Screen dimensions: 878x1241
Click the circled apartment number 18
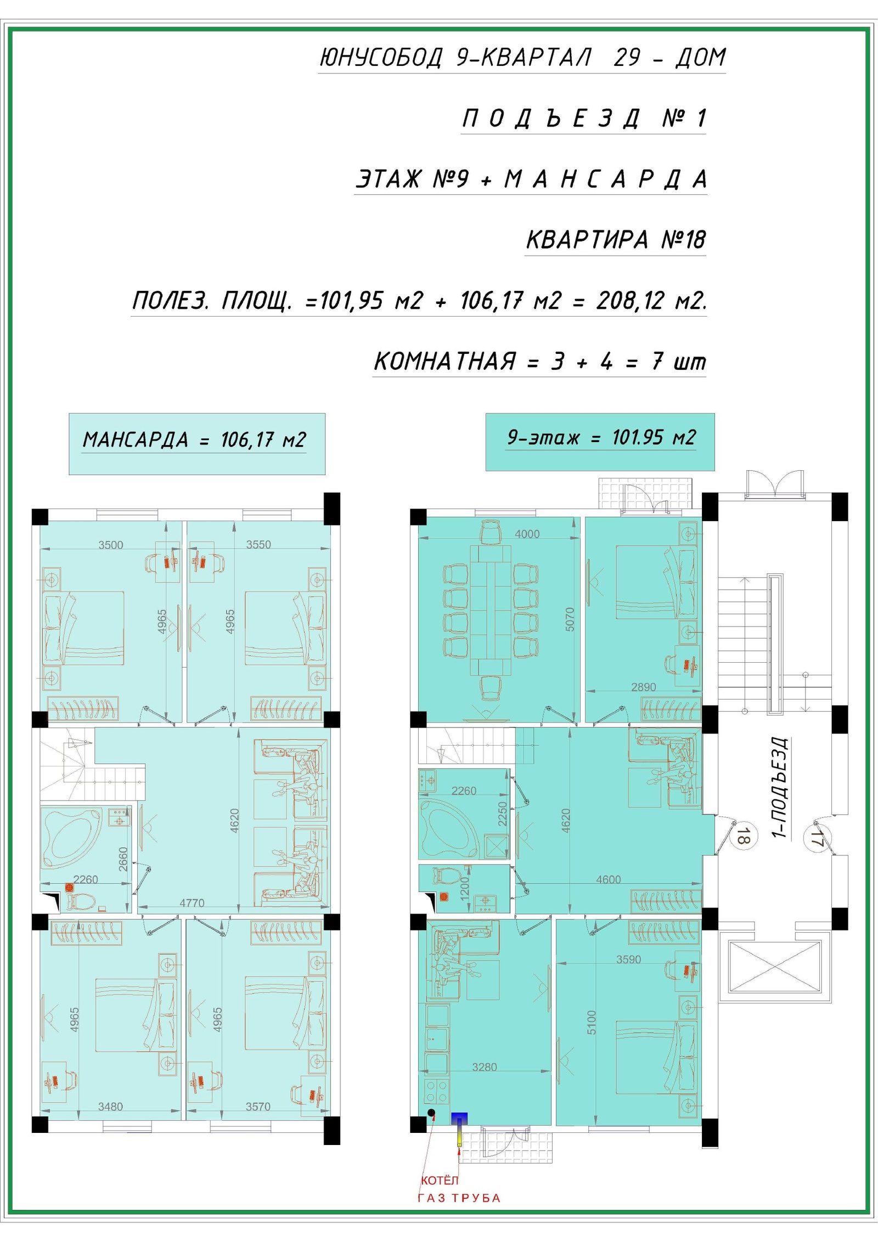point(744,837)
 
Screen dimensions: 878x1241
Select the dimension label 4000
point(527,534)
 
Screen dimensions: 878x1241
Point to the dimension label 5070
point(570,619)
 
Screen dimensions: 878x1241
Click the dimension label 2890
point(643,687)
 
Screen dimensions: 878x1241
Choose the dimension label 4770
point(192,902)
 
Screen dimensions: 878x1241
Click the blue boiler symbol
point(459,1119)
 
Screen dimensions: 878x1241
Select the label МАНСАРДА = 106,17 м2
point(194,440)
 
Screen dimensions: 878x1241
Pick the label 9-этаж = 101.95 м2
point(601,437)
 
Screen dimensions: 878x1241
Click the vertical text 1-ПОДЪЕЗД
point(780,788)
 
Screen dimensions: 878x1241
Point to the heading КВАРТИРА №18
point(616,239)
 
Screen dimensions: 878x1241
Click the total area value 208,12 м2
point(651,300)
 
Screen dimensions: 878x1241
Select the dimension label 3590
point(628,960)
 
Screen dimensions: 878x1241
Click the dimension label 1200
point(464,887)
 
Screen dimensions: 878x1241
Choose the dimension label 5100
point(591,1023)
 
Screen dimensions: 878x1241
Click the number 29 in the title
point(628,57)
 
